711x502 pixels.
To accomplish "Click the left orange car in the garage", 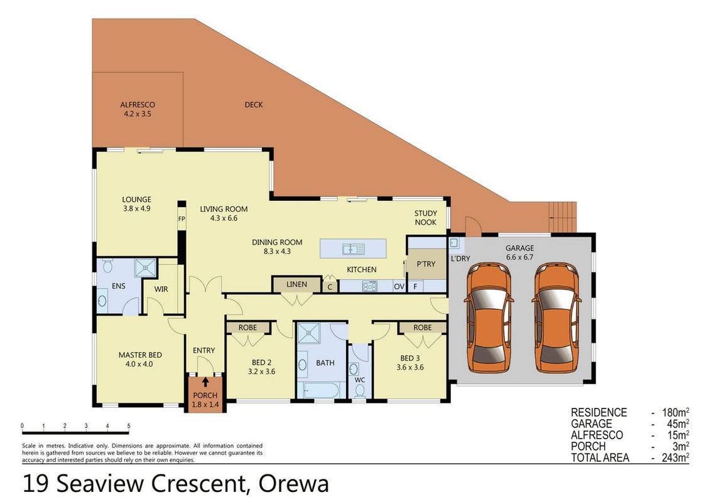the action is point(489,318).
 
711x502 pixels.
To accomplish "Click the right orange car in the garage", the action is point(557,318).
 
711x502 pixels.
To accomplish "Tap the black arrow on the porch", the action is point(205,382).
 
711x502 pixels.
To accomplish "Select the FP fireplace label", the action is point(182,219).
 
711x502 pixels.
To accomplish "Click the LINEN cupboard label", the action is point(296,284).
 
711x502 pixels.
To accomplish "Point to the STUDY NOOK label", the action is point(426,218).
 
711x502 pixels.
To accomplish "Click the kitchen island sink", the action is point(354,248).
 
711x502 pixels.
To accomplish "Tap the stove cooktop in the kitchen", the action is point(369,286).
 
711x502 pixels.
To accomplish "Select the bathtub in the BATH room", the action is point(320,390).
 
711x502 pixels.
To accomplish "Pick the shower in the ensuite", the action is point(145,267).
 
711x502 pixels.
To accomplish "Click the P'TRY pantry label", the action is point(426,264).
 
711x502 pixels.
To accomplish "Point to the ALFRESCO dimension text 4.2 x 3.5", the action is point(138,114).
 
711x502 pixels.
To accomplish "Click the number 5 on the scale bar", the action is point(129,426).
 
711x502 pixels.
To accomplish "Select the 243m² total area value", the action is point(675,457).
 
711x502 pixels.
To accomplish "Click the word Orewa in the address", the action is point(293,484).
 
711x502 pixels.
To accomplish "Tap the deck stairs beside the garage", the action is point(562,216).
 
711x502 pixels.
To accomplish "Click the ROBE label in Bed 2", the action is point(247,328).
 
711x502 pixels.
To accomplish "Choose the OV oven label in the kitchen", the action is point(399,286).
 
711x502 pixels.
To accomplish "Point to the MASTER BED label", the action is point(140,355).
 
